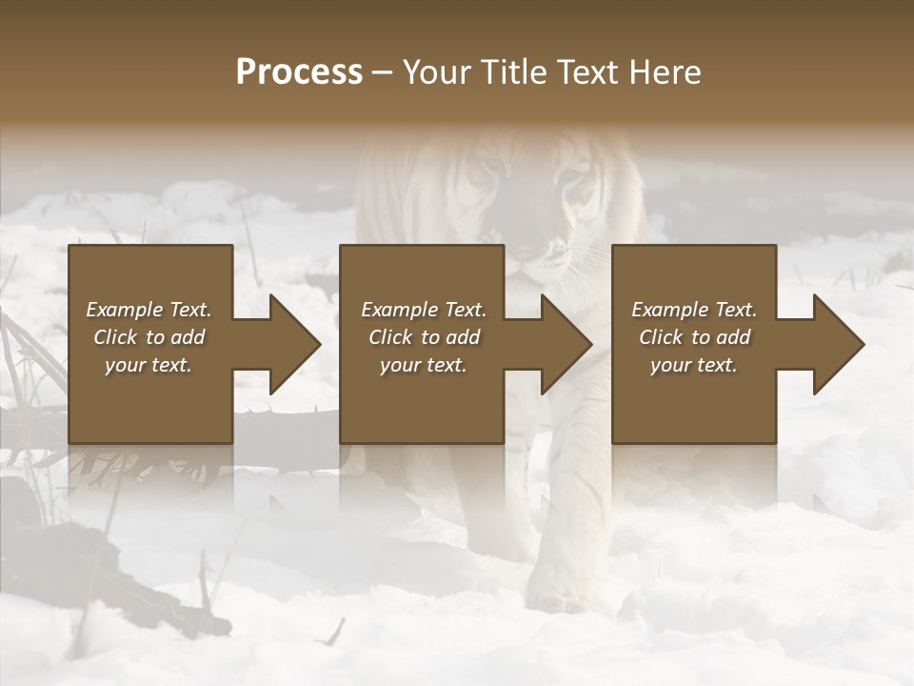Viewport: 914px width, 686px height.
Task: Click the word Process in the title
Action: tap(299, 72)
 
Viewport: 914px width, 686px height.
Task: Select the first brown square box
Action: tap(150, 400)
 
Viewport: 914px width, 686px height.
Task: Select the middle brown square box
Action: tap(422, 400)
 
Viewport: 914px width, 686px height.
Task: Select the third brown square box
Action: tap(693, 400)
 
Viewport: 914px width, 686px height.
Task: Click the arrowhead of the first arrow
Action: tap(295, 344)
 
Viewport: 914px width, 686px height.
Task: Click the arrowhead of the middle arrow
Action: tap(566, 344)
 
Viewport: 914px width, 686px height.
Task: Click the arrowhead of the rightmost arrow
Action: tap(839, 344)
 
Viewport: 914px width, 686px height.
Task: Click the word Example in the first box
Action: tap(124, 310)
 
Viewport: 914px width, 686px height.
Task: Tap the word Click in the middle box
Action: tap(389, 337)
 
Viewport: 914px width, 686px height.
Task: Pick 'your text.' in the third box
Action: tap(693, 365)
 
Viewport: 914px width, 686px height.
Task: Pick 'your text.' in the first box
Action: tap(148, 365)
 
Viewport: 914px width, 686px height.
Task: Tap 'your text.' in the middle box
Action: tap(423, 365)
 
